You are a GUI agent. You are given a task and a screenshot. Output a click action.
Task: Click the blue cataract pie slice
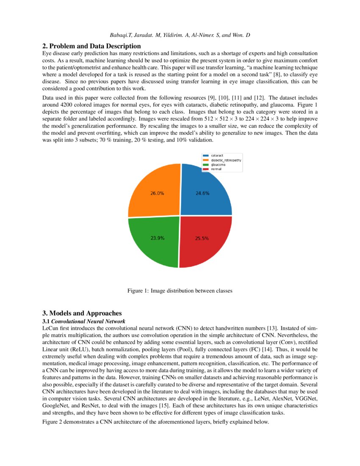coord(210,186)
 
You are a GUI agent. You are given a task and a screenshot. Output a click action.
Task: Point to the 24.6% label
coord(202,193)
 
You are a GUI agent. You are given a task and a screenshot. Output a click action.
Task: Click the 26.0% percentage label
coord(157,193)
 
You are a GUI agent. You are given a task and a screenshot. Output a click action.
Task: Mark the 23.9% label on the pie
coord(158,238)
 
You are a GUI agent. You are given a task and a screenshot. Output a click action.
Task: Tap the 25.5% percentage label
coord(202,239)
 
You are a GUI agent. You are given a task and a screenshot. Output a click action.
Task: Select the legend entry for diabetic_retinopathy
coord(222,160)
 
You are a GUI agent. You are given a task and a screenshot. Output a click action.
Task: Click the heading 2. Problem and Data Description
coord(91,46)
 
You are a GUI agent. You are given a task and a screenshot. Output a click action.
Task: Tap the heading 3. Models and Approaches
coord(82,313)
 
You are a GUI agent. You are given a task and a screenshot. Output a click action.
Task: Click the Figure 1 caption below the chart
coord(180,291)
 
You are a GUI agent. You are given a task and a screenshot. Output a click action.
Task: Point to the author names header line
coord(180,34)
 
